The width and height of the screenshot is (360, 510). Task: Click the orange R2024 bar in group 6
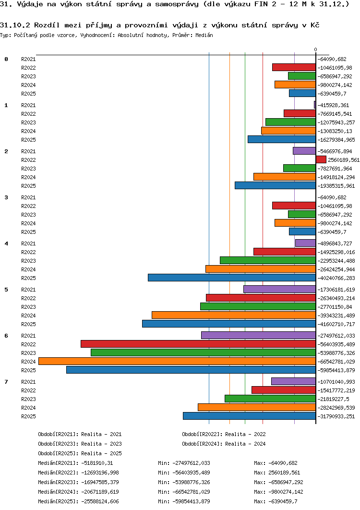pos(177,361)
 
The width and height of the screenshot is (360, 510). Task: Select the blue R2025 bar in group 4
pos(232,278)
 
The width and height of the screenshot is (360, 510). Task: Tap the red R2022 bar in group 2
pos(321,159)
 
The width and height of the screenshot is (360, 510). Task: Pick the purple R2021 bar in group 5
pos(279,289)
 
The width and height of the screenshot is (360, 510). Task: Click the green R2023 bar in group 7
pos(270,399)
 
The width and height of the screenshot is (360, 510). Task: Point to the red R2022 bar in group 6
pos(198,344)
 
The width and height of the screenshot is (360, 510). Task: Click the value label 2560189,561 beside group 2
pos(344,160)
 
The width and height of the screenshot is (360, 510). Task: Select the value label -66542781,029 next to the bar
pos(336,362)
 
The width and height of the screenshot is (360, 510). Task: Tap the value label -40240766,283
pos(336,278)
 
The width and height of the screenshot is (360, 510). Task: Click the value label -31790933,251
pos(336,416)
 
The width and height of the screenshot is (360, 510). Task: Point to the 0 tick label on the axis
pos(315,49)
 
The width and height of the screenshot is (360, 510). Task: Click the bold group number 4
pos(6,243)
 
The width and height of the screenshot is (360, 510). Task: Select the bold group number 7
pos(6,382)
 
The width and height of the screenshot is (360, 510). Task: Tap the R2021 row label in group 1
pos(28,105)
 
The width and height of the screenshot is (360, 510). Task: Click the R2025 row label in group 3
pos(28,232)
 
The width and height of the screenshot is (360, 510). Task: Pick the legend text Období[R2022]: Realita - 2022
pos(224,434)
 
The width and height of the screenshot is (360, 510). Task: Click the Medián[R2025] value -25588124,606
pos(100,501)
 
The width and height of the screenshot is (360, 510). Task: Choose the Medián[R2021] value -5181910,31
pos(97,463)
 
